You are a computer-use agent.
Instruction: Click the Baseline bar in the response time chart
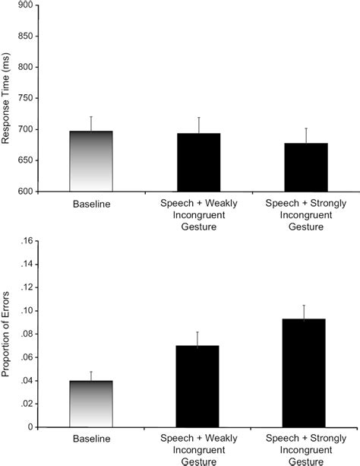click(x=91, y=161)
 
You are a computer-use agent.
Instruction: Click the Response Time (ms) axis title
click(x=7, y=98)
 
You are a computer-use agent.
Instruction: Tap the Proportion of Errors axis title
click(x=7, y=334)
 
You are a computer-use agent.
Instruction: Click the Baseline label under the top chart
click(x=91, y=204)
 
